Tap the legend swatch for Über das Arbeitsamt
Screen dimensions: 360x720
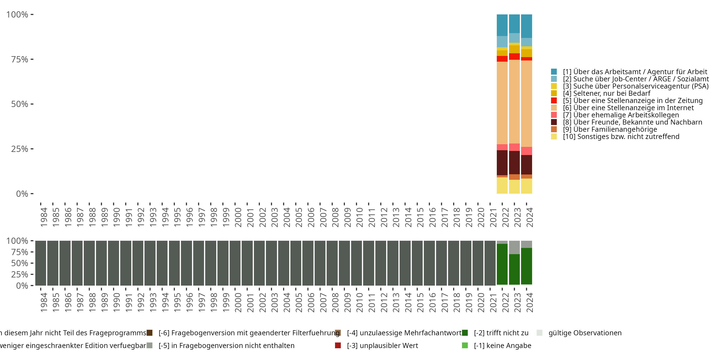[554, 72]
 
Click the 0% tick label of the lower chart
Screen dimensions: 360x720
[22, 286]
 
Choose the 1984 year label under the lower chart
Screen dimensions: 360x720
[44, 302]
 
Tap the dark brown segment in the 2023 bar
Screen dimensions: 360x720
[514, 162]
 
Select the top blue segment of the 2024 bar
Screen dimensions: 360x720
[526, 26]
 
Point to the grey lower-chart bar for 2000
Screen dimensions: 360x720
[235, 263]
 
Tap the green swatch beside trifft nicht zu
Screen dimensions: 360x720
[465, 333]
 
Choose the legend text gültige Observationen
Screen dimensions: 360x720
[585, 333]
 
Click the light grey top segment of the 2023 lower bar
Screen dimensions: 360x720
[514, 247]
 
